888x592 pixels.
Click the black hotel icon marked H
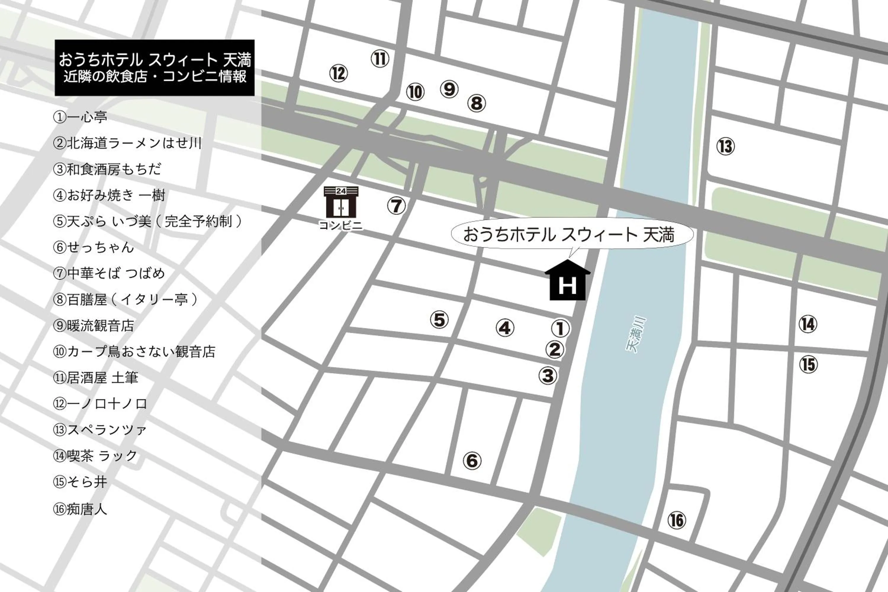pos(567,281)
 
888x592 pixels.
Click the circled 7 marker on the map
pos(396,206)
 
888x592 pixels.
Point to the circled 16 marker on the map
pos(676,520)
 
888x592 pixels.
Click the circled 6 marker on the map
pos(472,461)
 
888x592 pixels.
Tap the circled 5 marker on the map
pos(439,320)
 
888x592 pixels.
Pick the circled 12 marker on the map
pos(338,73)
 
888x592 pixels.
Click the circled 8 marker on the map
pos(476,103)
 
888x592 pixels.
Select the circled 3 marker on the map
pos(548,376)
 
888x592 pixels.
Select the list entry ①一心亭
pos(80,117)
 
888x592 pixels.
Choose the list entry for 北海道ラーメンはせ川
pos(127,143)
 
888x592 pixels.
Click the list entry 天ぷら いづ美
pos(147,221)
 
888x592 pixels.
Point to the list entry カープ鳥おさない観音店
pos(134,352)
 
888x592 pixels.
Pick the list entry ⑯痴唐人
pos(80,509)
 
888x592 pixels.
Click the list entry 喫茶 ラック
pos(95,456)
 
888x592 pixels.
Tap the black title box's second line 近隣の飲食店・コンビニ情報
pos(155,77)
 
